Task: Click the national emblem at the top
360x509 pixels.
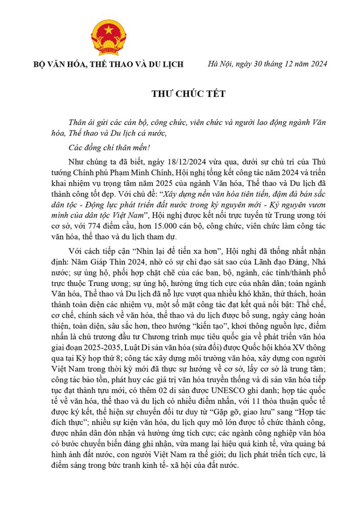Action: tap(109, 37)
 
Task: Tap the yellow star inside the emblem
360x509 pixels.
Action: tap(109, 31)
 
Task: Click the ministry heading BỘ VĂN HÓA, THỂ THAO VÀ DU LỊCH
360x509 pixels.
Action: tap(109, 64)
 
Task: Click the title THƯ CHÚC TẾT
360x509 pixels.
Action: tap(180, 94)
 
